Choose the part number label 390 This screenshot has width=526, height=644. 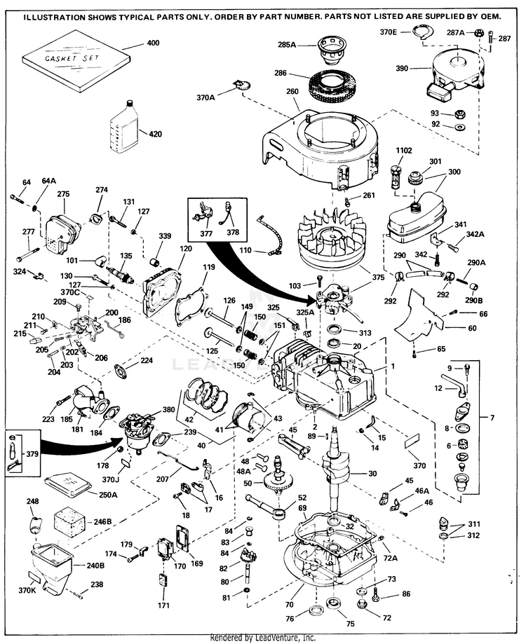point(402,69)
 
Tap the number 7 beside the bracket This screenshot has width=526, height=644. point(492,418)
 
